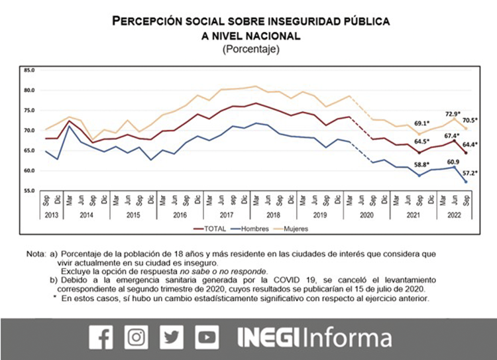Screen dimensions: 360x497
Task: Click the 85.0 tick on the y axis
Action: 28,70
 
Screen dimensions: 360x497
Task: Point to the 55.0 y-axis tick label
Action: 28,191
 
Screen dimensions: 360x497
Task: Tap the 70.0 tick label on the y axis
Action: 28,131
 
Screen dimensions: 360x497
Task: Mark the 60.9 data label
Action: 452,160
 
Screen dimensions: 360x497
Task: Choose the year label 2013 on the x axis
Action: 50,215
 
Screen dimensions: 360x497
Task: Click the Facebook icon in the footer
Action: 101,338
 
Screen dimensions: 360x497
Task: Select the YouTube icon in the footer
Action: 208,338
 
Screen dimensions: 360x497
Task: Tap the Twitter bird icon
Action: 172,338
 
